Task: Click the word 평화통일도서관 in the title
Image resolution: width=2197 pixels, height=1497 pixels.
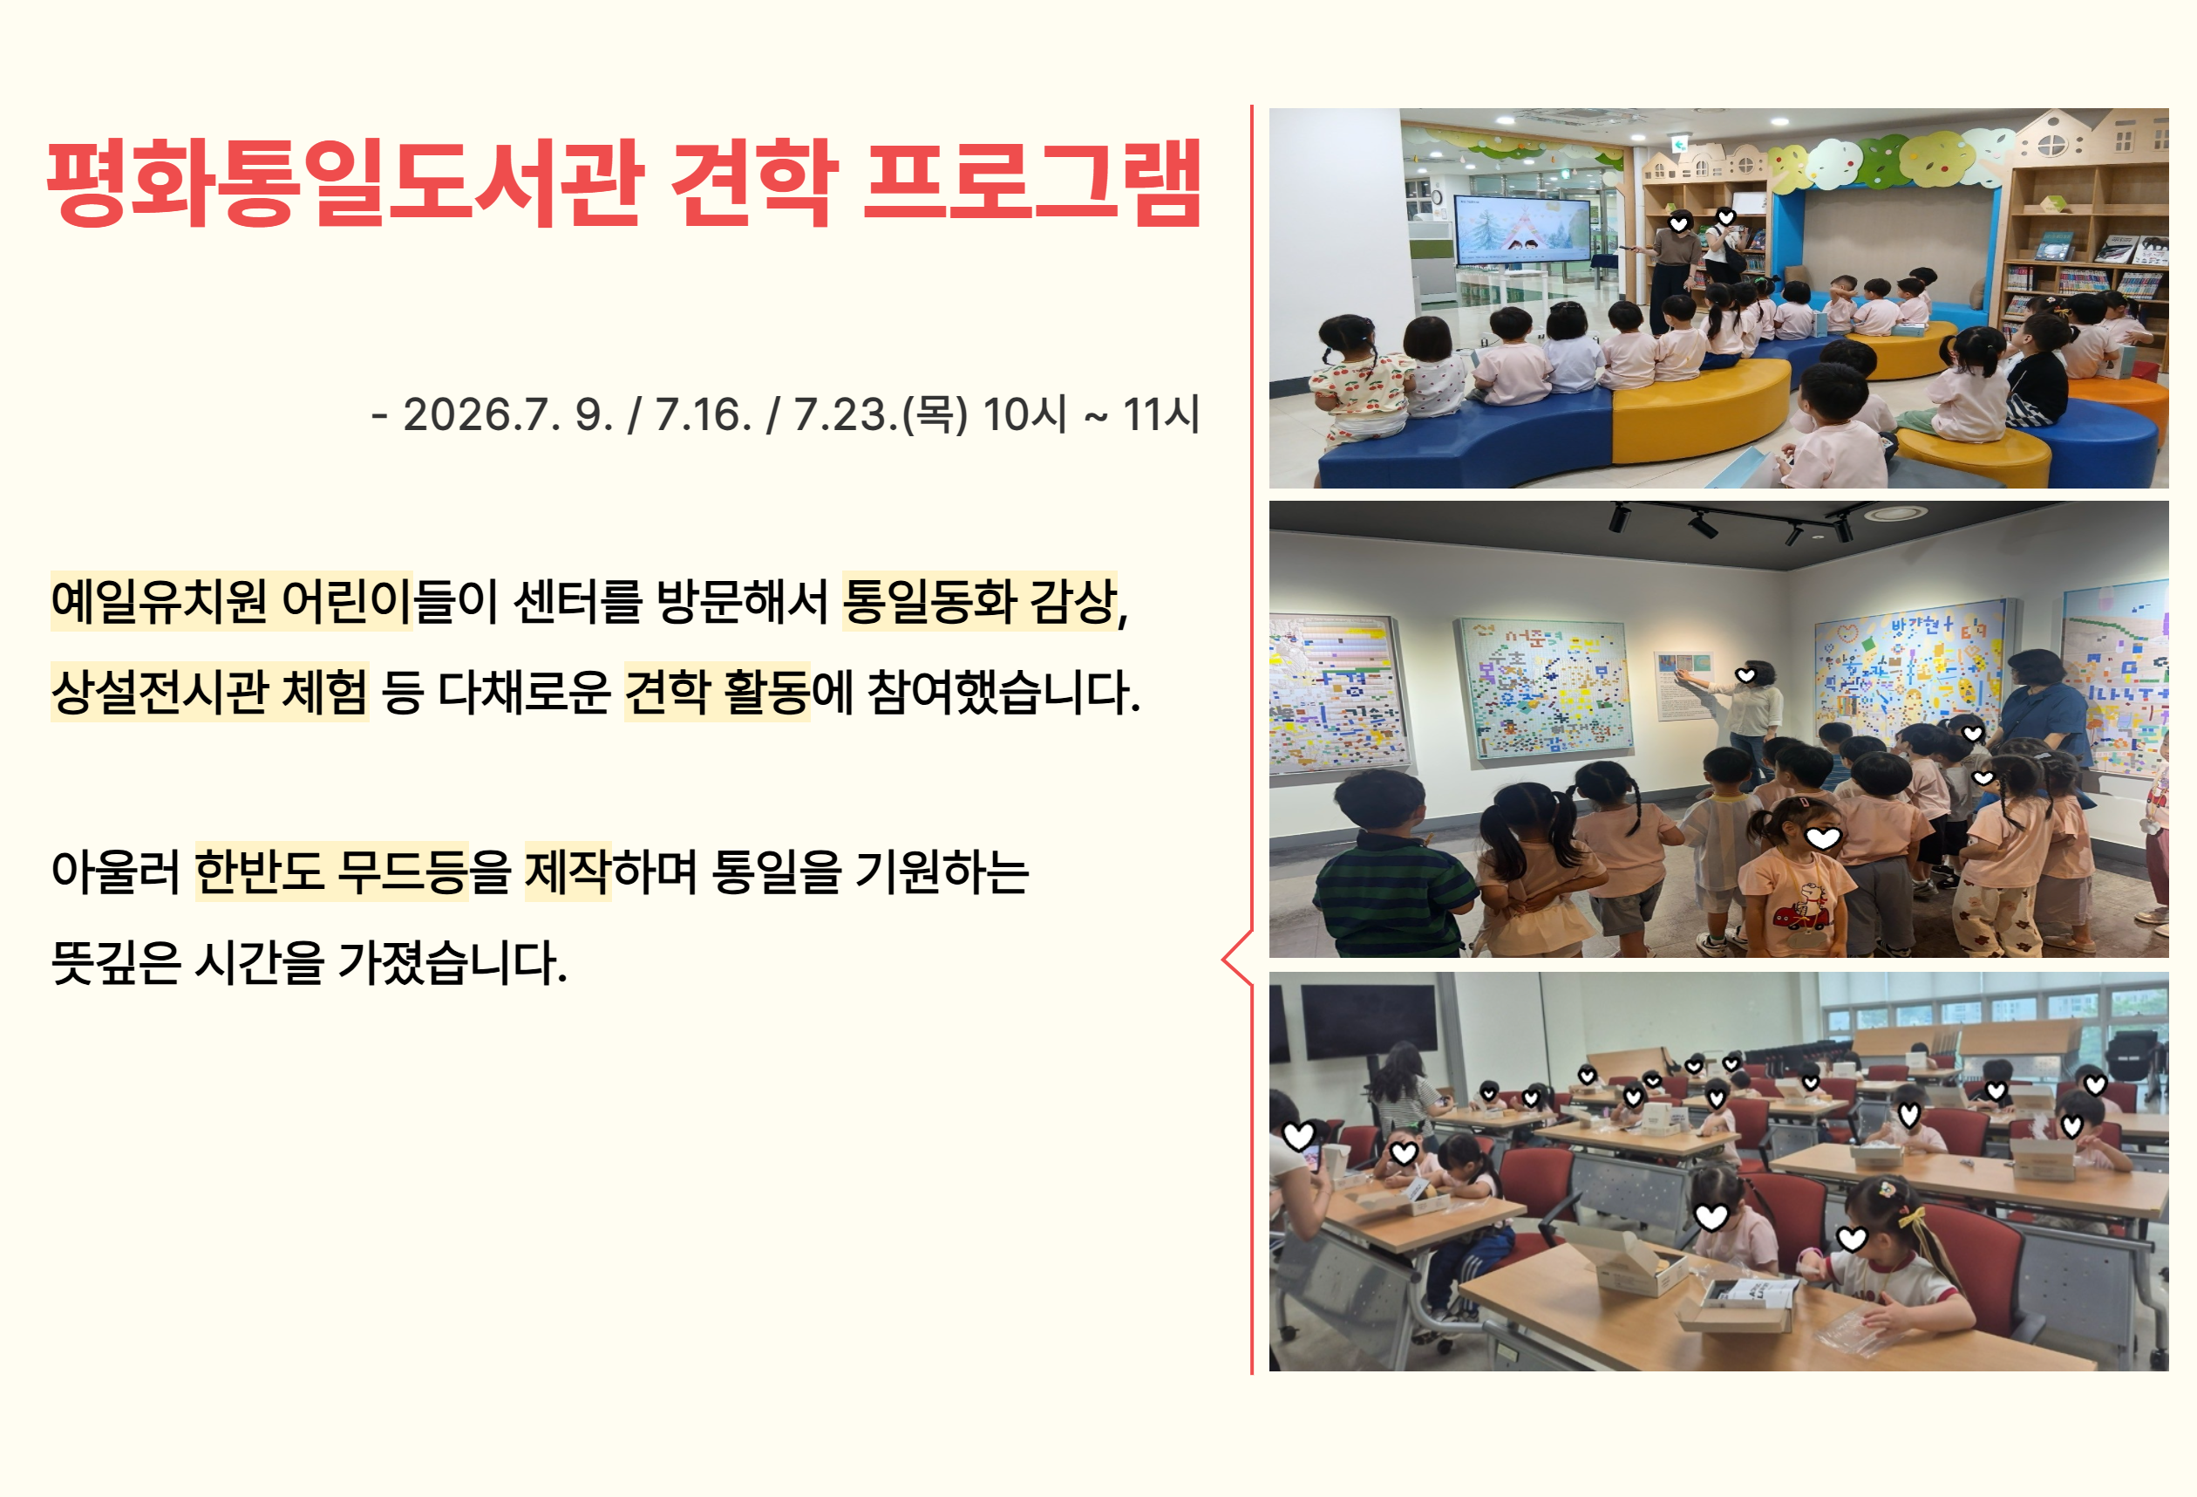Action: (346, 182)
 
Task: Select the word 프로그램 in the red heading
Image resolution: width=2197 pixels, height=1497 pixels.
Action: (1031, 182)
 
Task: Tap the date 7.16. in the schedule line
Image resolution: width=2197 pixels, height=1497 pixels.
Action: (704, 414)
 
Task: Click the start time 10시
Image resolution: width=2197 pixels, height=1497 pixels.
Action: (1024, 414)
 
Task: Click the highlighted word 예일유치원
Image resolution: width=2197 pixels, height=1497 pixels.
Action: (159, 601)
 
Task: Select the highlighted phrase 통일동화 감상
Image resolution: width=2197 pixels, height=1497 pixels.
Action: (979, 600)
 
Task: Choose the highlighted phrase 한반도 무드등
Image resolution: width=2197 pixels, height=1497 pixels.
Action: (332, 871)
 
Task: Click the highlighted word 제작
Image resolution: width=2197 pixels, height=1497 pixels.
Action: (568, 871)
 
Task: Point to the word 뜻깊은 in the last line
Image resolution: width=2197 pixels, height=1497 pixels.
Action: (115, 961)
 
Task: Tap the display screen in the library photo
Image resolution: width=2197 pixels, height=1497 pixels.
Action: (1522, 231)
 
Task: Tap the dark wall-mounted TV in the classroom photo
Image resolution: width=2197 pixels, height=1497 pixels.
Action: (1369, 1022)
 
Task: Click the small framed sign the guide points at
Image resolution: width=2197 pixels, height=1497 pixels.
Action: (1683, 686)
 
